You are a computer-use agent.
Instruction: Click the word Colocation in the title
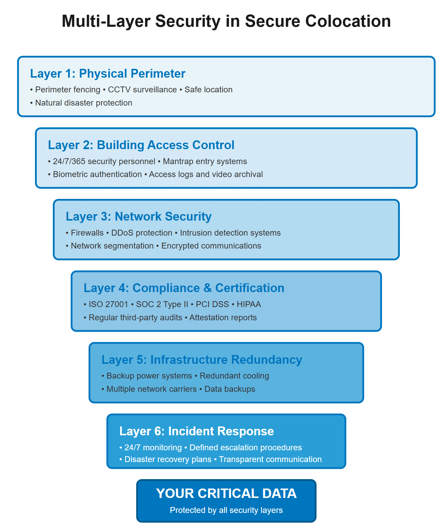pyautogui.click(x=348, y=21)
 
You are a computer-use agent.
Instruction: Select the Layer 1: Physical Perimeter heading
pyautogui.click(x=108, y=74)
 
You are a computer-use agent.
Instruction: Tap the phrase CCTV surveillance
pyautogui.click(x=142, y=90)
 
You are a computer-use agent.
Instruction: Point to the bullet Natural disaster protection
pyautogui.click(x=84, y=103)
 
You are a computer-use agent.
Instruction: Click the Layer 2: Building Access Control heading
pyautogui.click(x=141, y=145)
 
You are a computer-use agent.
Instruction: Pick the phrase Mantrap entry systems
pyautogui.click(x=205, y=161)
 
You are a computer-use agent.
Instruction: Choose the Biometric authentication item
pyautogui.click(x=97, y=174)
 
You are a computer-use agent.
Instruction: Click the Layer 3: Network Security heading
pyautogui.click(x=139, y=216)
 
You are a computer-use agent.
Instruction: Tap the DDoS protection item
pyautogui.click(x=142, y=233)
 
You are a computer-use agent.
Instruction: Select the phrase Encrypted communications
pyautogui.click(x=211, y=246)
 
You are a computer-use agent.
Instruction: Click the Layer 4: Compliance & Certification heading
pyautogui.click(x=184, y=288)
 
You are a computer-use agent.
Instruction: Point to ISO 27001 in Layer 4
pyautogui.click(x=108, y=304)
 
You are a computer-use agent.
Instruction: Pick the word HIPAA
pyautogui.click(x=249, y=304)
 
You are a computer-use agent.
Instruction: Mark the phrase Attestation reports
pyautogui.click(x=223, y=318)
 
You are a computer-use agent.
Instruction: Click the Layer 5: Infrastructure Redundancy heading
pyautogui.click(x=202, y=360)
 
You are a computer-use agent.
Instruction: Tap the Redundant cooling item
pyautogui.click(x=234, y=376)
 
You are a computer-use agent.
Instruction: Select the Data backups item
pyautogui.click(x=230, y=389)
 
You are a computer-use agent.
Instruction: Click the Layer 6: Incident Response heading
pyautogui.click(x=196, y=431)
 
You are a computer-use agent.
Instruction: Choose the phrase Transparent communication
pyautogui.click(x=270, y=459)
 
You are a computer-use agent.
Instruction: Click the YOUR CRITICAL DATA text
pyautogui.click(x=226, y=494)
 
